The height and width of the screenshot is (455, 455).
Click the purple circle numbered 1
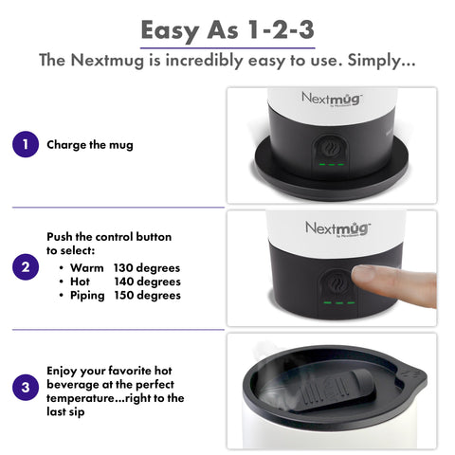(25, 145)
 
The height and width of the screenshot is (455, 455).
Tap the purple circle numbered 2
(25, 267)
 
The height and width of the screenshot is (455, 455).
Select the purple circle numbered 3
(25, 387)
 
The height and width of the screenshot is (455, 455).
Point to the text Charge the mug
(90, 145)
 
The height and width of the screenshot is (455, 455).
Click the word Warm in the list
(87, 267)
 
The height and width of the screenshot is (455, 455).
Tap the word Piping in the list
(90, 295)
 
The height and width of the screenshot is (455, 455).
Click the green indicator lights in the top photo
(331, 164)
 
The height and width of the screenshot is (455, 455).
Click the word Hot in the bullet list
(82, 282)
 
